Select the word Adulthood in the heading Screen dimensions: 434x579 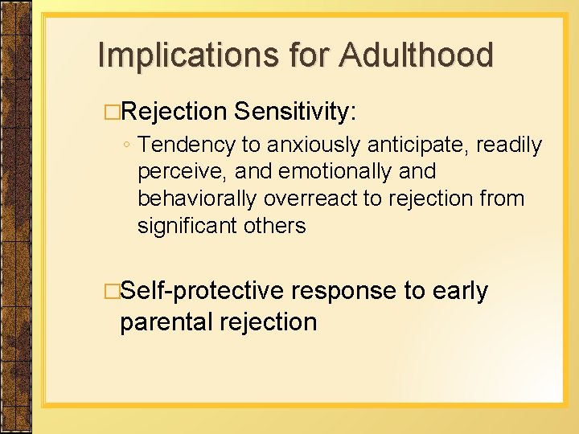417,55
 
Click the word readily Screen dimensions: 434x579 510,145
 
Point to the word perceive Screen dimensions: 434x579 183,172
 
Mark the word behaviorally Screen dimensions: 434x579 199,199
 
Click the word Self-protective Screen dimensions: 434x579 202,291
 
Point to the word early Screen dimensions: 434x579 461,291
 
